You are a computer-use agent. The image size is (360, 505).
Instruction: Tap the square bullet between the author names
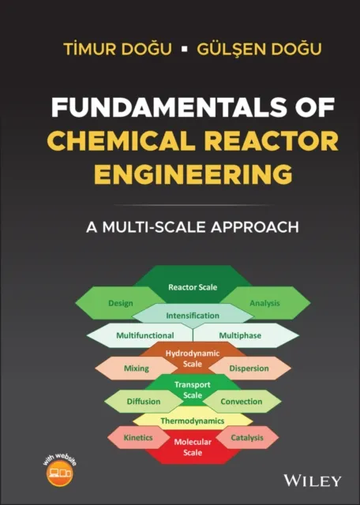click(183, 49)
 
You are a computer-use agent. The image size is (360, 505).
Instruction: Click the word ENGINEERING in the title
click(181, 172)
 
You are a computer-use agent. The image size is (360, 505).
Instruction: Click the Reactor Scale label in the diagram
click(193, 287)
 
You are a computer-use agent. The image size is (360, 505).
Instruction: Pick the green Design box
click(119, 303)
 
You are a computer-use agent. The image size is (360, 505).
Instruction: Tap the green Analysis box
click(264, 303)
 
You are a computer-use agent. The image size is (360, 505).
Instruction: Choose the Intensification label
click(193, 316)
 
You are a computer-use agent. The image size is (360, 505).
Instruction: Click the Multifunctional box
click(144, 335)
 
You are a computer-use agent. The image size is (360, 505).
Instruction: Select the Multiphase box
click(242, 335)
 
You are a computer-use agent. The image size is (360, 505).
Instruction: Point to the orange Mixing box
click(136, 368)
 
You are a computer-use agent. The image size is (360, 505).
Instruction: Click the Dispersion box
click(249, 368)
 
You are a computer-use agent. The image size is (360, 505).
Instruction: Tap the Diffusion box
click(143, 401)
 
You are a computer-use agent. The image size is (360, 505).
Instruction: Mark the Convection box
click(242, 401)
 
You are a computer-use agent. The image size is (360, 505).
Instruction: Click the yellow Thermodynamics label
click(193, 421)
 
